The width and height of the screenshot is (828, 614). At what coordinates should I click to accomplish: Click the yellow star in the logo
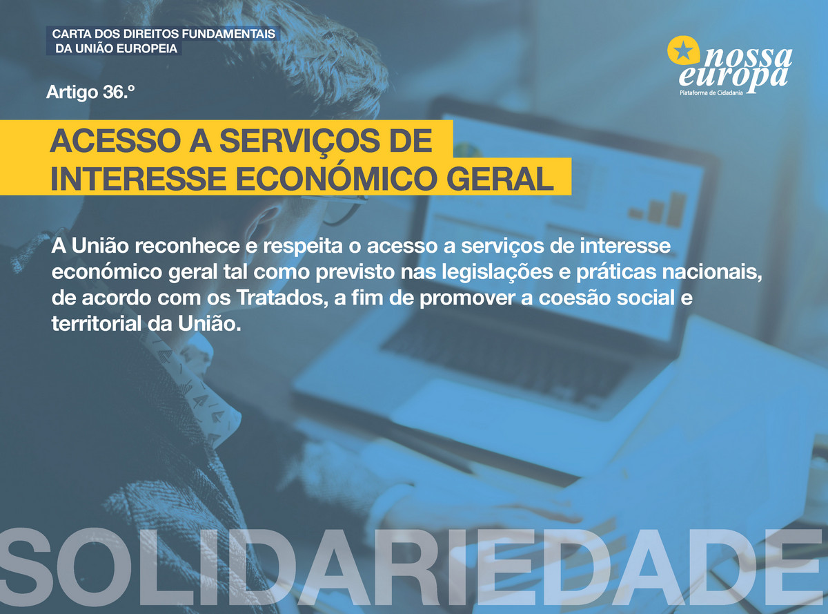point(684,51)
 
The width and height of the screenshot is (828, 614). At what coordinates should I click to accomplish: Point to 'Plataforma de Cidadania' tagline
point(711,93)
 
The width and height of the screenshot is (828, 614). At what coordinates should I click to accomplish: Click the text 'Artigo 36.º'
point(90,92)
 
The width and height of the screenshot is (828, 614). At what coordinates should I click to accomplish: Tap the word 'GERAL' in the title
point(500,179)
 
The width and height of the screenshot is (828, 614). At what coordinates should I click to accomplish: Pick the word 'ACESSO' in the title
point(116,140)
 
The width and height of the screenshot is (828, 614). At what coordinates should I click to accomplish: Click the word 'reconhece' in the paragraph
point(187,246)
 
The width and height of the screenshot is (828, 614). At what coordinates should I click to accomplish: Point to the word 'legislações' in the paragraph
point(497,272)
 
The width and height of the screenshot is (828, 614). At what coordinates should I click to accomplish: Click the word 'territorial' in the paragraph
point(97,323)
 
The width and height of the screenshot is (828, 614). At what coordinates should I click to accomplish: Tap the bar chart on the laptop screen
point(658,210)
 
